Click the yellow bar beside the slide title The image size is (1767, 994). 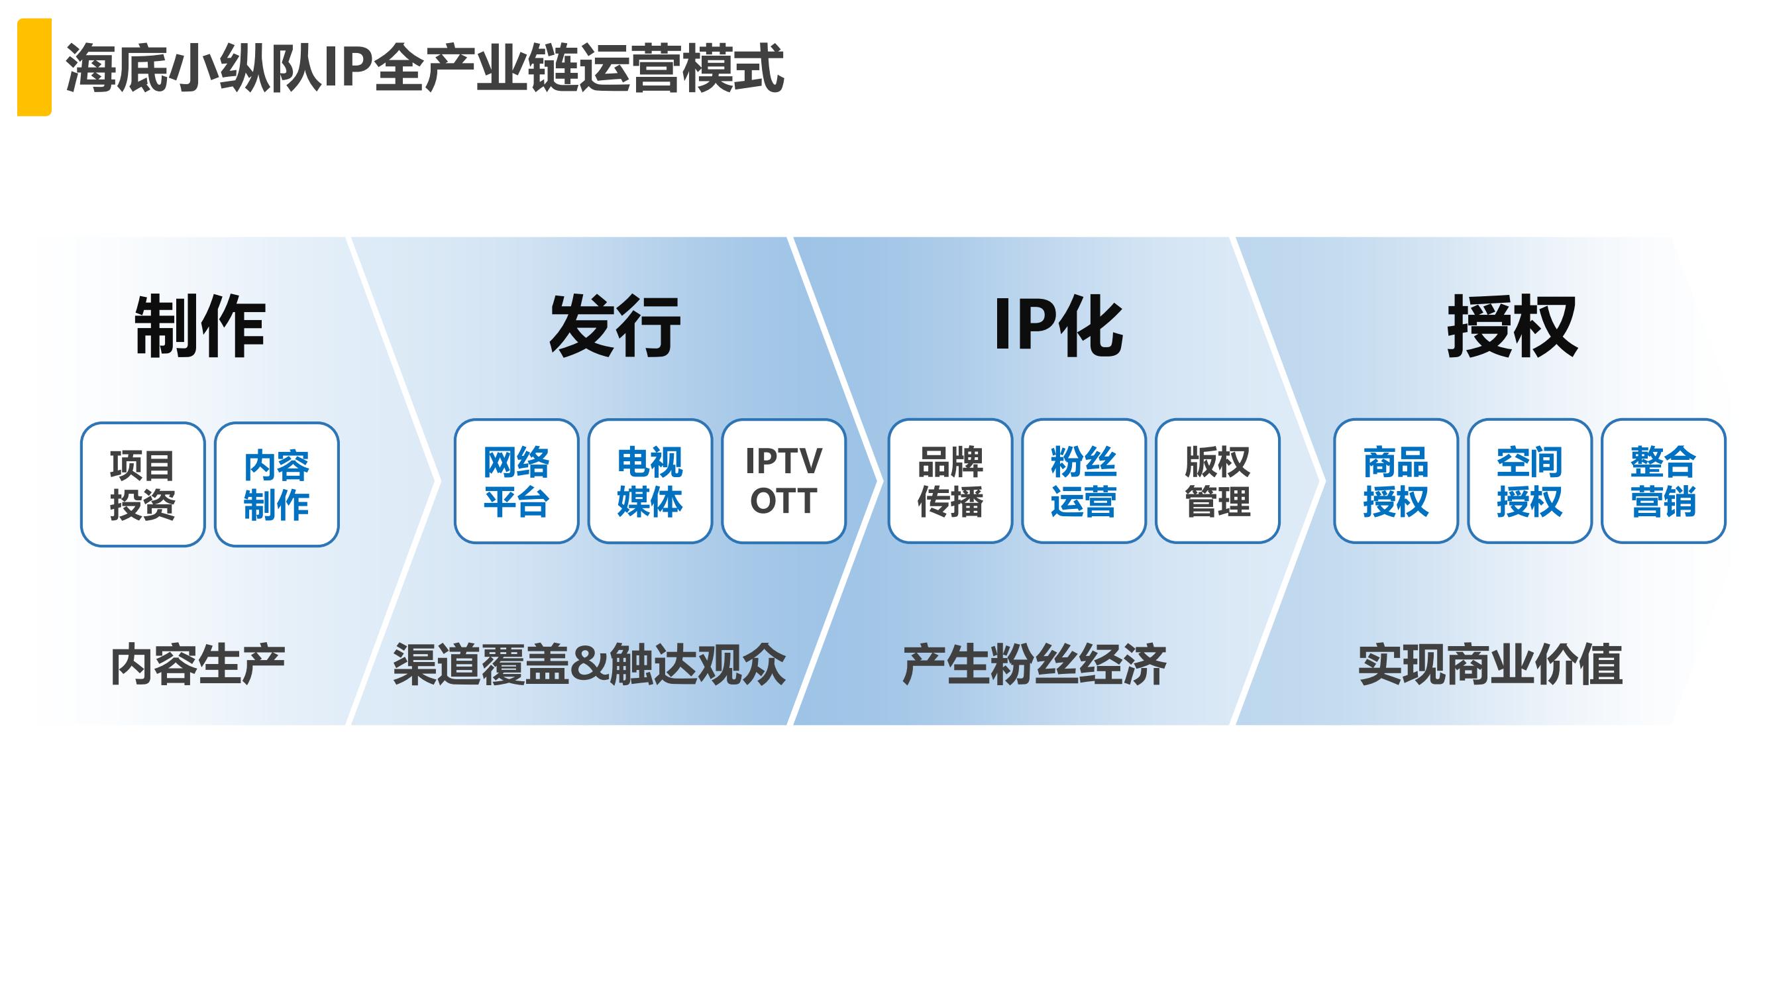point(34,67)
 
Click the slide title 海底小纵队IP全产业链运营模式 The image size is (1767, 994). point(425,68)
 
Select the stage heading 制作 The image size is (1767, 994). point(199,327)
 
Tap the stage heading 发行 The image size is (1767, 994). point(615,327)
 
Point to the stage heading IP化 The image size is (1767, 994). point(1059,327)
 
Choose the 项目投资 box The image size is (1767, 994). point(142,484)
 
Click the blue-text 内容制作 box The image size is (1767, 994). point(276,484)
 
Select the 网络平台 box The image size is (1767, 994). point(517,481)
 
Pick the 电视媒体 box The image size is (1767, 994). point(650,481)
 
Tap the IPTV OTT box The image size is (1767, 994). point(784,481)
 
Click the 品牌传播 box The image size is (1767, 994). point(950,481)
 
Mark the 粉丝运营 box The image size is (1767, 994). point(1084,481)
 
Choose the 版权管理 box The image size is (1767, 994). point(1218,481)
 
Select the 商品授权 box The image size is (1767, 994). point(1396,481)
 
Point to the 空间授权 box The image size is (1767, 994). point(1530,481)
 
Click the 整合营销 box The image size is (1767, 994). point(1664,481)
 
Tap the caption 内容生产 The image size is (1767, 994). point(197,665)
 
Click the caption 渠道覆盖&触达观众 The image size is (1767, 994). point(589,665)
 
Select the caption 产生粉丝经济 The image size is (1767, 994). point(1034,665)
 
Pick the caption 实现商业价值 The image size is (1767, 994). point(1491,665)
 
